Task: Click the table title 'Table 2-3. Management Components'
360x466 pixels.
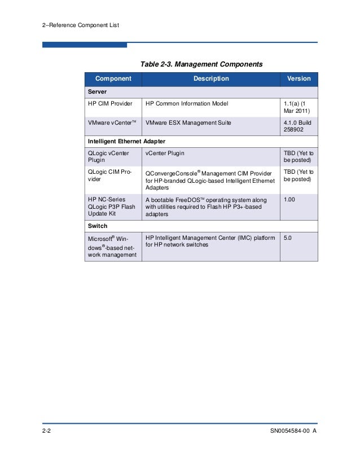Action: (201, 64)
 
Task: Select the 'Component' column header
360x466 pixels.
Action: (113, 79)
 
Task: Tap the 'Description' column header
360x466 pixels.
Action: (211, 79)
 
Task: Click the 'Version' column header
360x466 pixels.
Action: (299, 79)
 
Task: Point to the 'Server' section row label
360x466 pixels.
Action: (98, 91)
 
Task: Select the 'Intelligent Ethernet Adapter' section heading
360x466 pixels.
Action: (126, 140)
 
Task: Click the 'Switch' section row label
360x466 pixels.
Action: (98, 226)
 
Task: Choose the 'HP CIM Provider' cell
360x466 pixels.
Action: (110, 104)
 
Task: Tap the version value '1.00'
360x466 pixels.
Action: (289, 199)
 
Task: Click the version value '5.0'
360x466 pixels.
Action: (288, 239)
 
